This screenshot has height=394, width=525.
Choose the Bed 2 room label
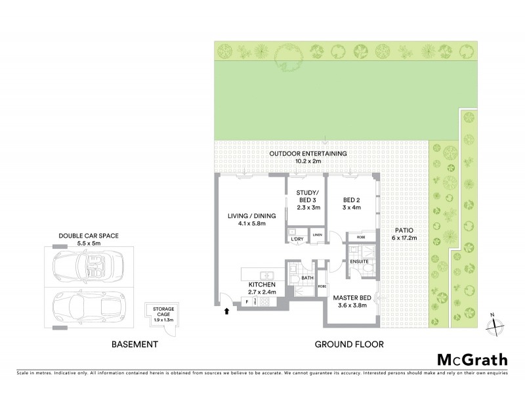click(353, 202)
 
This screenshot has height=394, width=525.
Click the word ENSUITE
click(360, 261)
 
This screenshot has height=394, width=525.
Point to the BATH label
click(307, 278)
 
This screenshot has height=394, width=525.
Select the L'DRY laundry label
click(296, 239)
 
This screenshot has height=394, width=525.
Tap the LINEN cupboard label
click(318, 234)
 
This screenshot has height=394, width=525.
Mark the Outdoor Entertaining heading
click(308, 156)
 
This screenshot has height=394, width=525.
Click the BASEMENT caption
click(135, 343)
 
